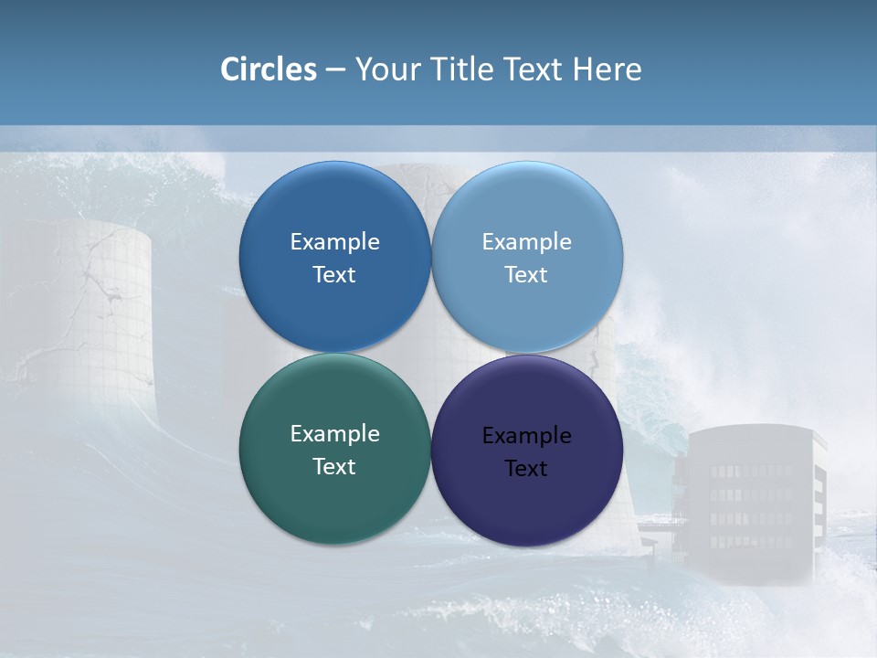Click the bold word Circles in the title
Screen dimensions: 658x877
click(x=269, y=69)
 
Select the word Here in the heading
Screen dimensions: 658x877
click(x=607, y=69)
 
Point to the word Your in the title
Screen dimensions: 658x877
click(x=387, y=69)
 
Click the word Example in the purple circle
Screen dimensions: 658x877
click(x=526, y=436)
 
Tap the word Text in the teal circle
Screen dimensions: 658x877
click(x=334, y=467)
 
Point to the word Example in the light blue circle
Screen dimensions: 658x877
click(x=526, y=242)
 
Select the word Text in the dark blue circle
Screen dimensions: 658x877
click(x=334, y=275)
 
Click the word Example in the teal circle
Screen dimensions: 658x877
click(x=334, y=434)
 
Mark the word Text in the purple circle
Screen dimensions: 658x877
click(x=526, y=469)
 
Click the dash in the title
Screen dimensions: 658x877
click(x=335, y=69)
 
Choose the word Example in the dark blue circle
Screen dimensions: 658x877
click(x=334, y=242)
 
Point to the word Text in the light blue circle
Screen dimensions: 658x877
click(x=526, y=275)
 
